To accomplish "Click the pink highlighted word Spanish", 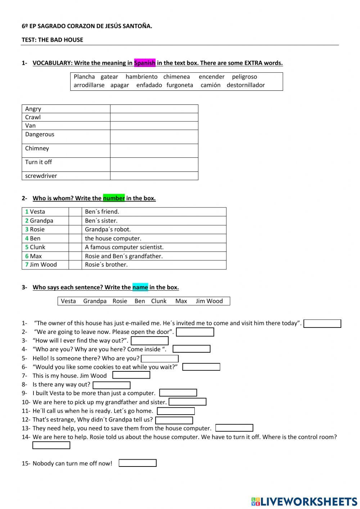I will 145,63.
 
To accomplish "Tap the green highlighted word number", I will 114,198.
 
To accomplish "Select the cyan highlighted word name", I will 140,287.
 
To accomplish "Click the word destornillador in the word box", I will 246,85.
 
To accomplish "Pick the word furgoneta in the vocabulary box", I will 180,85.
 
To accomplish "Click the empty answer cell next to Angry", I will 154,109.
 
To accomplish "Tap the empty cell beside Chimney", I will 154,151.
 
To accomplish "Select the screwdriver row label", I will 41,176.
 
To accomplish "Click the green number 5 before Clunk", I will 27,247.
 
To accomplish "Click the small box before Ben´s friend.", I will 75,212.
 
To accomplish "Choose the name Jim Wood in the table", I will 43,265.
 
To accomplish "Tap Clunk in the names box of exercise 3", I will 159,301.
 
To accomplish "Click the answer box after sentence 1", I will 322,323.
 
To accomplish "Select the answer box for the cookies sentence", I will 201,367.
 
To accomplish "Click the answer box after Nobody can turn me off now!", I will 138,463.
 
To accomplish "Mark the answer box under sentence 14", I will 51,446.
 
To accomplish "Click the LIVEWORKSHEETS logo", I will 304,501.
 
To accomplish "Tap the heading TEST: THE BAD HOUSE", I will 53,40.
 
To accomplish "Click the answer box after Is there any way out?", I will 112,385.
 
